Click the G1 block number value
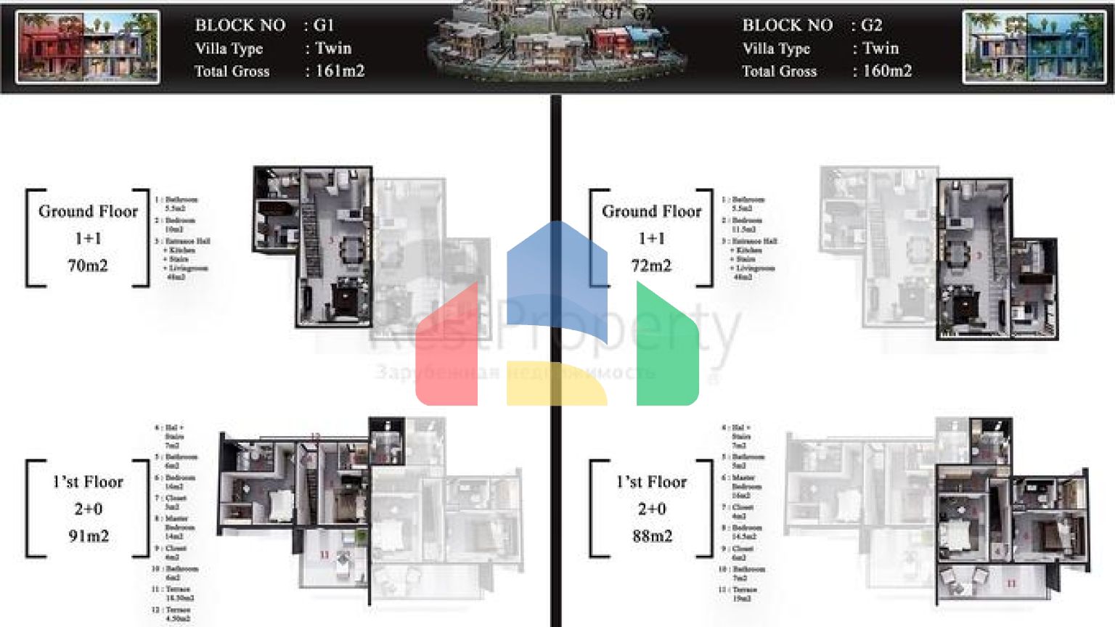coord(324,25)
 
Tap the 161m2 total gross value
coord(340,71)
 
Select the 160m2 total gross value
coord(887,71)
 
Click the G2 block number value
coord(871,25)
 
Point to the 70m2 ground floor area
coord(88,266)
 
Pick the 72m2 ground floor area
coord(651,266)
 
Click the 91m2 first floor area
coord(89,536)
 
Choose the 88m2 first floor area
coord(652,536)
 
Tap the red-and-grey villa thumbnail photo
coord(88,47)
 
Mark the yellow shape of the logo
coord(555,382)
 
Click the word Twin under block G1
coord(333,49)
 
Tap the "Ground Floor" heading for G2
coord(651,212)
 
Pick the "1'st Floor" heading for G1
coord(88,483)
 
